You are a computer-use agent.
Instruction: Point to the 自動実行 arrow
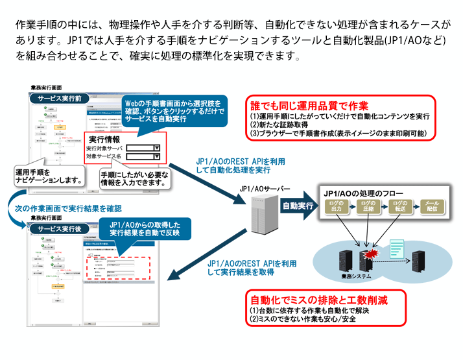(x=296, y=207)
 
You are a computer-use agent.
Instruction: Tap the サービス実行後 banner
(x=59, y=228)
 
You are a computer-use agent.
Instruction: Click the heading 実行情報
(x=104, y=139)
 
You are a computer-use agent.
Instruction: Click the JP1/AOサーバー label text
(x=264, y=189)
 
